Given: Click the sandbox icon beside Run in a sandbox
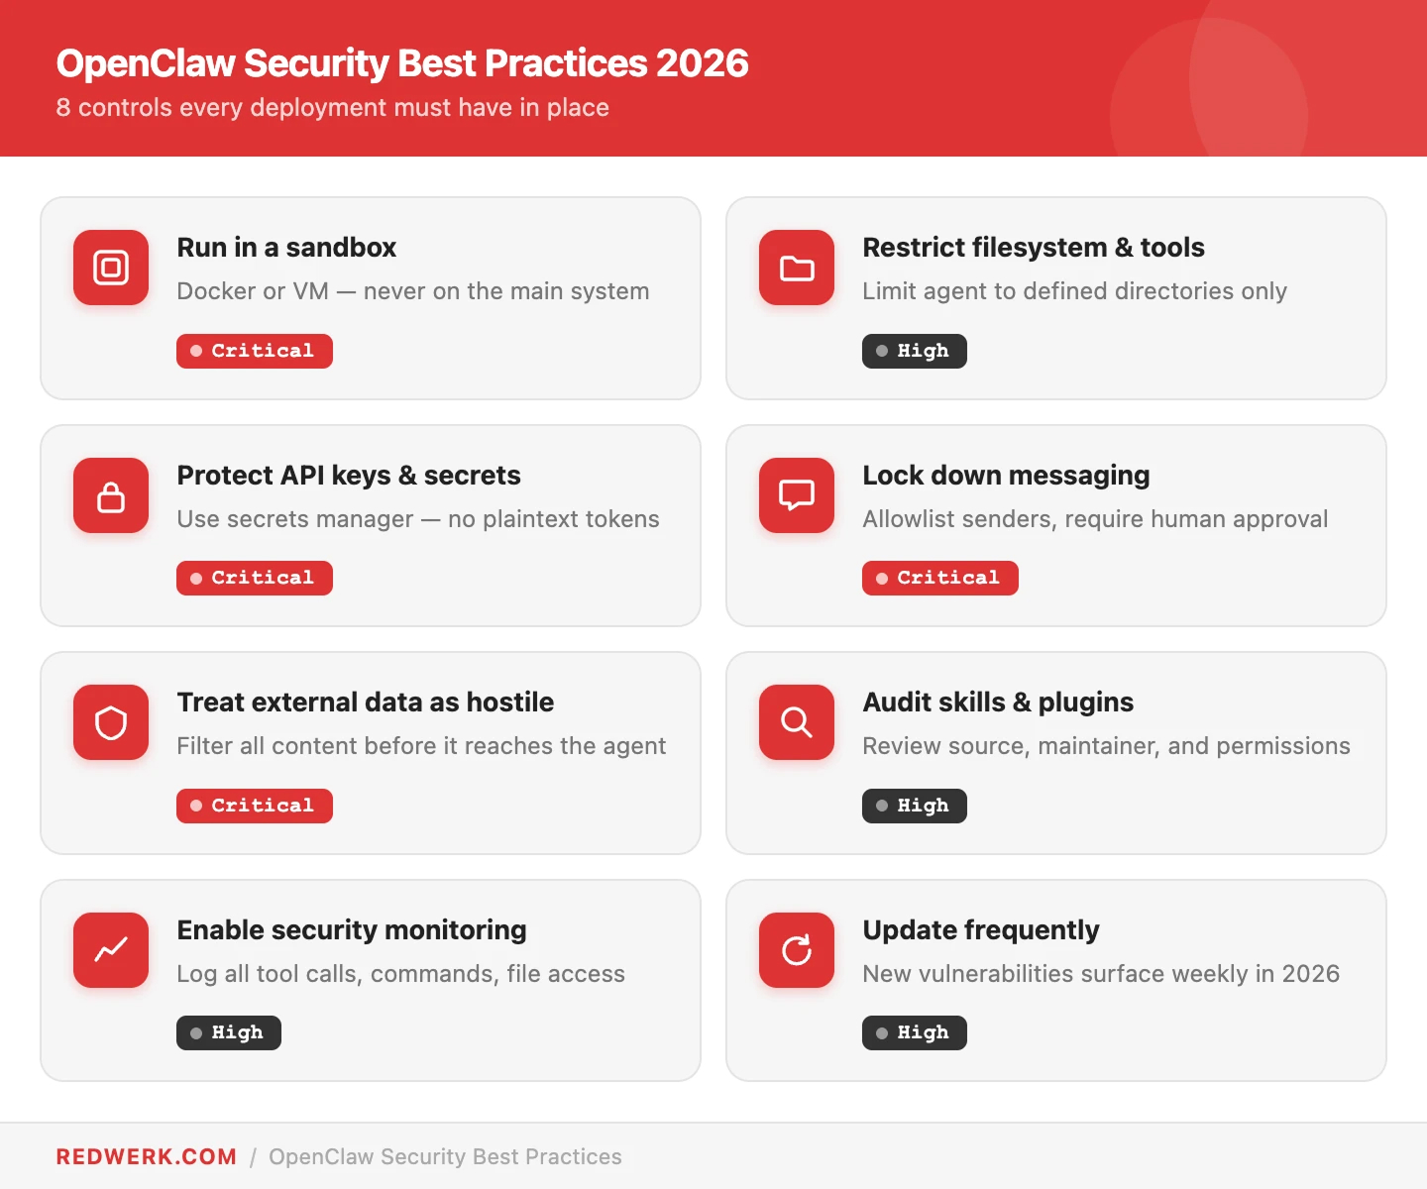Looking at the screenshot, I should click(111, 268).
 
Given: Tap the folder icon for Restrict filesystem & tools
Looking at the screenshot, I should click(797, 268).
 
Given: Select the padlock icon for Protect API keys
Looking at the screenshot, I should click(111, 495).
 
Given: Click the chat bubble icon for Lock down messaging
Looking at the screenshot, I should click(797, 495).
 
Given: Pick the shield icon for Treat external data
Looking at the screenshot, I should click(111, 722).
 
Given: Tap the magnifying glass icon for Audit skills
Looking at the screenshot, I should click(797, 722).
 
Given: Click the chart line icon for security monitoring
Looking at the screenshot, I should click(111, 950).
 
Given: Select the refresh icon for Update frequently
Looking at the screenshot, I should click(797, 950).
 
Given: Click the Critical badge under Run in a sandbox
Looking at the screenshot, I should click(255, 351).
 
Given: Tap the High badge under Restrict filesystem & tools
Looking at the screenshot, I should click(914, 351).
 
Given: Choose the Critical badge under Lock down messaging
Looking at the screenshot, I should click(939, 578).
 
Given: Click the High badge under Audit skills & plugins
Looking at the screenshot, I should click(914, 806).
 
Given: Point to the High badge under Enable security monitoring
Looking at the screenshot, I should click(229, 1032).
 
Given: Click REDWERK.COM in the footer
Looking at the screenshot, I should click(147, 1156).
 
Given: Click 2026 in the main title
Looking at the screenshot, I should click(702, 63).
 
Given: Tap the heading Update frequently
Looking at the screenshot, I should click(981, 929).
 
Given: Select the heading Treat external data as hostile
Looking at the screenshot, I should click(365, 702).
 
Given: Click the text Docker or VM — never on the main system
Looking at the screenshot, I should click(413, 291).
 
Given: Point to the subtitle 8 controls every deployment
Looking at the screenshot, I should click(333, 107).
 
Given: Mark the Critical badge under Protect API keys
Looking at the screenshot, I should click(255, 578).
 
